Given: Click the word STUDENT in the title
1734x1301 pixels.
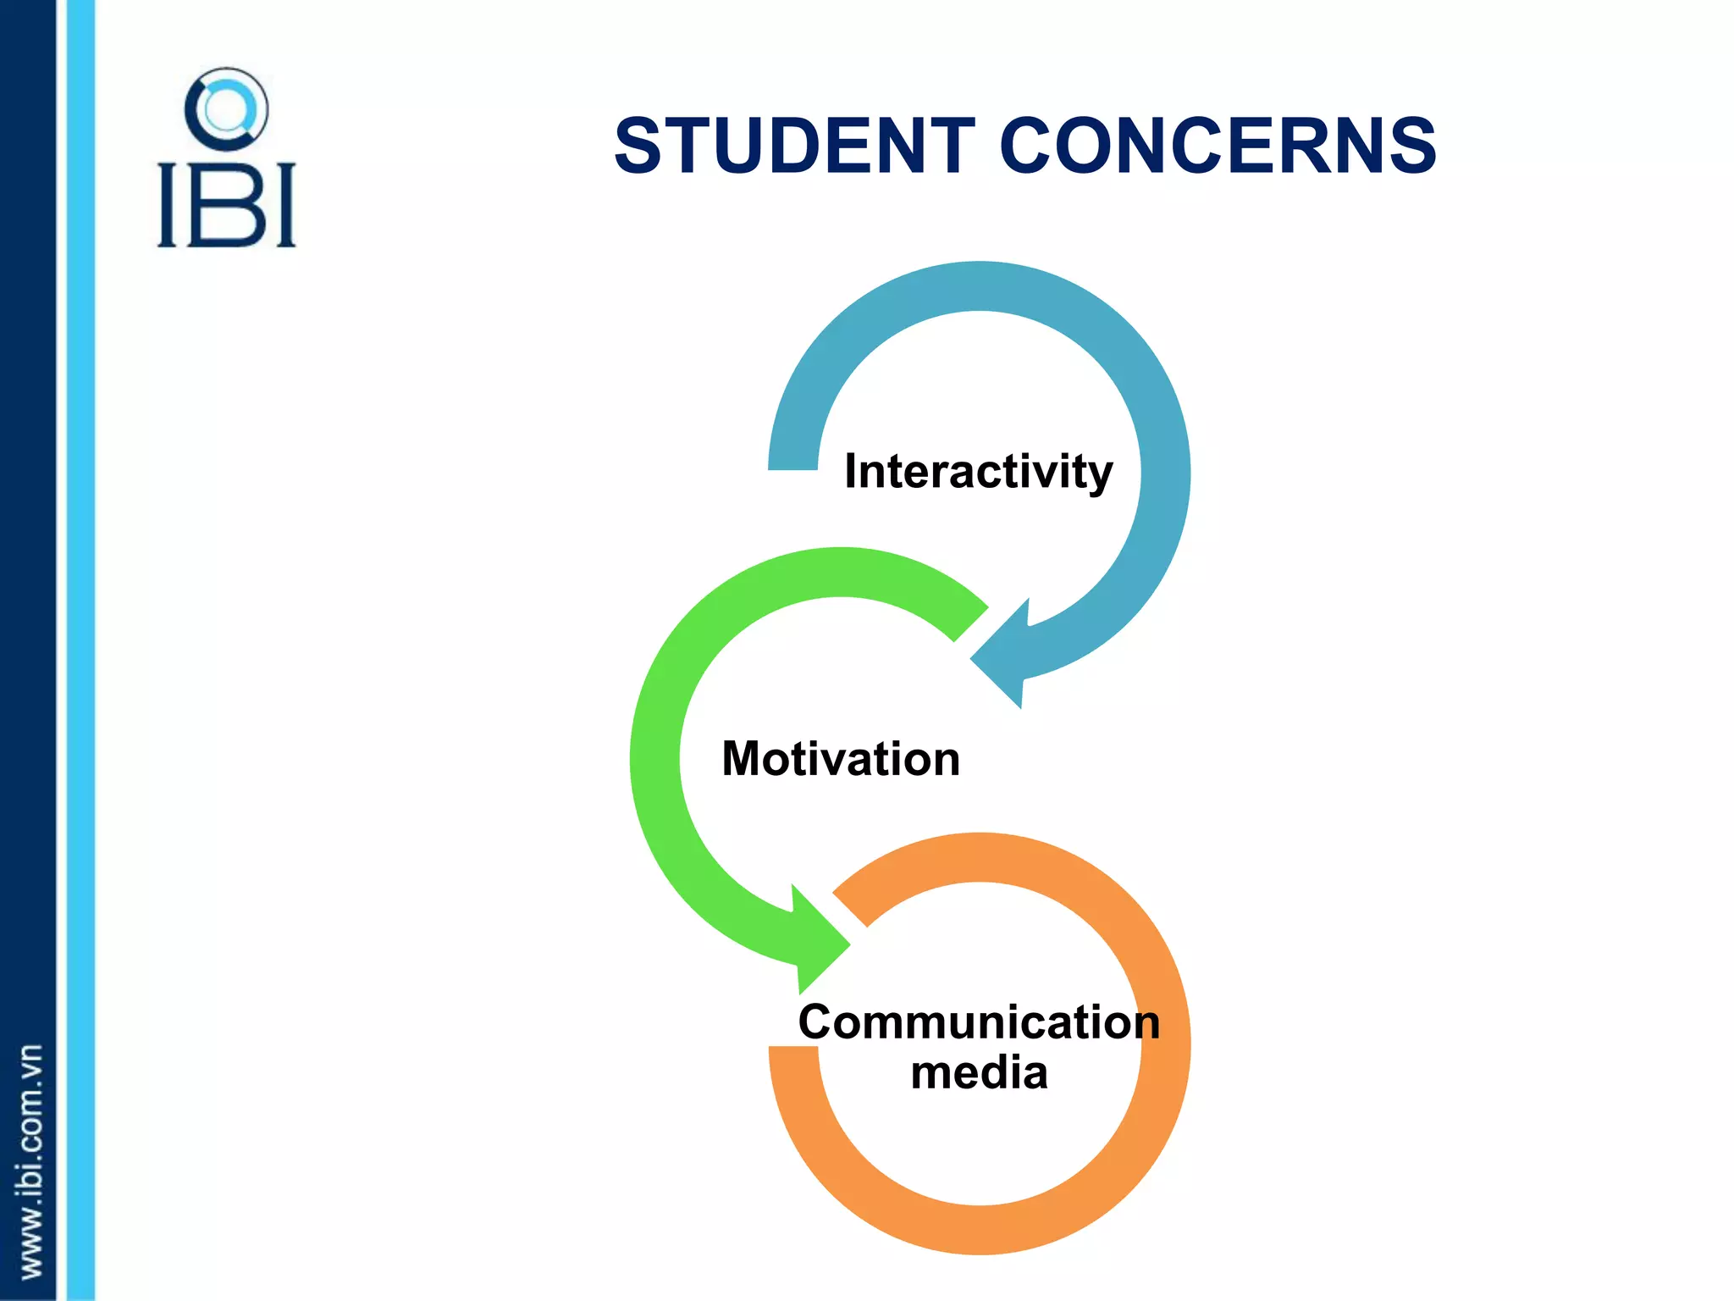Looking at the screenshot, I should (794, 147).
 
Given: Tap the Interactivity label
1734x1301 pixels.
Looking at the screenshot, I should (978, 471).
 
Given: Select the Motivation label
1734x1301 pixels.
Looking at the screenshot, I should (841, 758).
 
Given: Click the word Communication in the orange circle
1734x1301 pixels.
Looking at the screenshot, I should (979, 1021).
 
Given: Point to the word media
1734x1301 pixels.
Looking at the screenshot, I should (979, 1073).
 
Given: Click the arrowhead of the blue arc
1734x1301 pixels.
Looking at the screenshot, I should (1003, 656).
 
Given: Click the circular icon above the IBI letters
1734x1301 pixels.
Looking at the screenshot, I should (226, 110).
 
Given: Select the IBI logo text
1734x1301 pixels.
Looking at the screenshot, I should (226, 206).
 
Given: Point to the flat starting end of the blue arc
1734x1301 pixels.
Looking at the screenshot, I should (792, 462).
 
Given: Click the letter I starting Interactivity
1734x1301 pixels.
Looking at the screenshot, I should (851, 471).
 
